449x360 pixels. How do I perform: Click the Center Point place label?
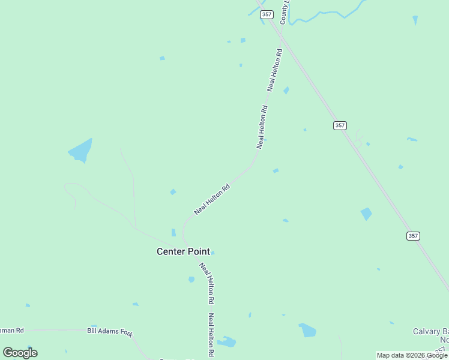(184, 251)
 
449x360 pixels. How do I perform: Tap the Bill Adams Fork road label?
(109, 331)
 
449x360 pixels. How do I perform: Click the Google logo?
(20, 352)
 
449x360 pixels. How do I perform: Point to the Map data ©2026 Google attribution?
(412, 356)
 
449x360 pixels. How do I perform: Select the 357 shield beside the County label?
(267, 14)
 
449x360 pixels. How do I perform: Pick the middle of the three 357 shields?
(340, 125)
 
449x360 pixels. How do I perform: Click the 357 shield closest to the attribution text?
(412, 236)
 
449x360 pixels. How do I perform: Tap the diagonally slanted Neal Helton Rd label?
(212, 200)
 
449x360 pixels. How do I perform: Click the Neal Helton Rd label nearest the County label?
(275, 70)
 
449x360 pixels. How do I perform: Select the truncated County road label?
(285, 13)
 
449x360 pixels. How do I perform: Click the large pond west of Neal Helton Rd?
(80, 151)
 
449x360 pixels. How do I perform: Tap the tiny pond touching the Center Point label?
(212, 253)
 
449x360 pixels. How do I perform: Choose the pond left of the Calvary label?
(307, 330)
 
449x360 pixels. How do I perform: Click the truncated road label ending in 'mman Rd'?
(12, 330)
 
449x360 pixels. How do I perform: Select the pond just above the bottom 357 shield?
(366, 214)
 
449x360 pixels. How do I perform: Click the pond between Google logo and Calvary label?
(226, 342)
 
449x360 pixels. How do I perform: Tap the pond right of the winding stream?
(415, 20)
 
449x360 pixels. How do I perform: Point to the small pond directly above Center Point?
(173, 232)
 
